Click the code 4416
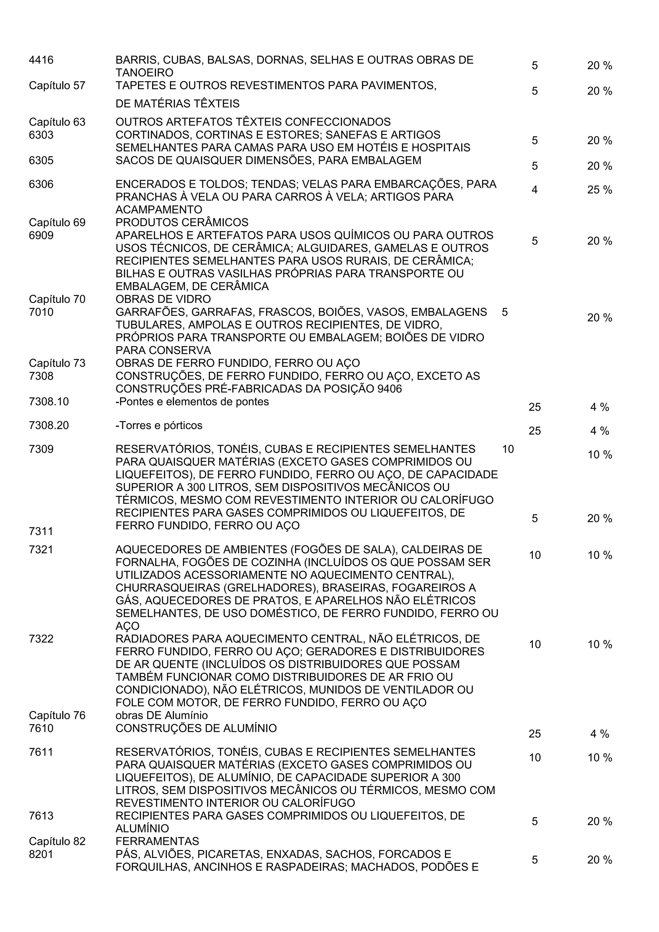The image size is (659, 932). pyautogui.click(x=41, y=60)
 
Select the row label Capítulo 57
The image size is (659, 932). pyautogui.click(x=57, y=86)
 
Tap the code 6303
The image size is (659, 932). pyautogui.click(x=41, y=135)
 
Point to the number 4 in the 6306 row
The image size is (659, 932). pyautogui.click(x=534, y=190)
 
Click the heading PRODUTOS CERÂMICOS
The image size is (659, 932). pyautogui.click(x=182, y=223)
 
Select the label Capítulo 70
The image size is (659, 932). pyautogui.click(x=57, y=299)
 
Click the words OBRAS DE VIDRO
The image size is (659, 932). pyautogui.click(x=163, y=299)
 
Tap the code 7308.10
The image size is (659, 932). pyautogui.click(x=49, y=402)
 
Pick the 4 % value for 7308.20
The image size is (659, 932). pyautogui.click(x=599, y=431)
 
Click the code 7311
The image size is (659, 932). pyautogui.click(x=41, y=531)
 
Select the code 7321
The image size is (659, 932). pyautogui.click(x=41, y=550)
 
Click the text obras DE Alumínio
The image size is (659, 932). pyautogui.click(x=162, y=715)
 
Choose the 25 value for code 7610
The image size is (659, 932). pyautogui.click(x=534, y=734)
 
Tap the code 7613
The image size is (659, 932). pyautogui.click(x=41, y=816)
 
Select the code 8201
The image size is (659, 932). pyautogui.click(x=41, y=854)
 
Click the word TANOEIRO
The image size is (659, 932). pyautogui.click(x=144, y=73)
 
